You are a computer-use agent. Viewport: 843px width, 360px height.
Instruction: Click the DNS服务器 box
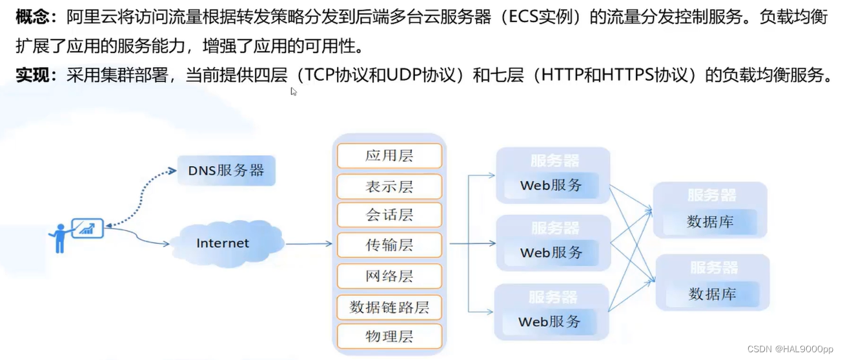coord(226,171)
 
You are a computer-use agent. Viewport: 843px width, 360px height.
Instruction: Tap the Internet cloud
coord(223,243)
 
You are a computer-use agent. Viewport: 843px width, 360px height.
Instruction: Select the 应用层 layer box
coord(389,155)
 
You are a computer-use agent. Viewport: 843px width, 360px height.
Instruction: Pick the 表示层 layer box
coord(389,186)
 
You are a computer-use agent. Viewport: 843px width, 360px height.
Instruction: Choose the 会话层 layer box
coord(389,215)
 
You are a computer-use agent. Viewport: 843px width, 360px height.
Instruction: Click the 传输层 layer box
coord(389,245)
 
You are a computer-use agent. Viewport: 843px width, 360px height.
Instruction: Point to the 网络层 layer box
coord(389,276)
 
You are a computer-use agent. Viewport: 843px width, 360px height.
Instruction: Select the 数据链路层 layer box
coord(389,307)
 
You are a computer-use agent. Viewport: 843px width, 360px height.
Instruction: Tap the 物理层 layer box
coord(389,336)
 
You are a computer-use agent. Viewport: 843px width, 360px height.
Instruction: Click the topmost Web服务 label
coord(551,186)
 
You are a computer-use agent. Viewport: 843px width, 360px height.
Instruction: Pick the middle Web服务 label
coord(551,252)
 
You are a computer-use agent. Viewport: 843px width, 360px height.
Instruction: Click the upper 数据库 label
coord(710,222)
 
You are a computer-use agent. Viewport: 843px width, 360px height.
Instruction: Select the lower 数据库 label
coord(712,294)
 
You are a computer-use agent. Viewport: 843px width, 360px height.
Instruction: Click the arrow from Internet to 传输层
coord(309,244)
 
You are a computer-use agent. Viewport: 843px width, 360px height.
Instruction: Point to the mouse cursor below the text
coord(294,92)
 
